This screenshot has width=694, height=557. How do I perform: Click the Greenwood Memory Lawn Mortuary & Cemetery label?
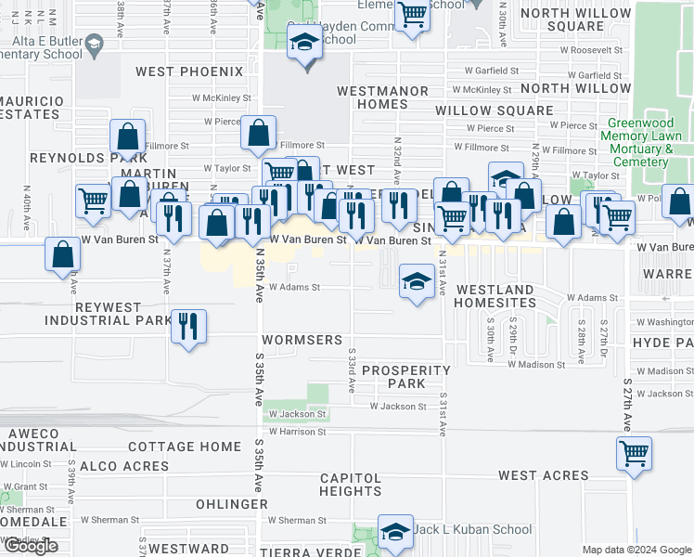(x=641, y=142)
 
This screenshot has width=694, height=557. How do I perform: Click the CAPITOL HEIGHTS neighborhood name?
(x=351, y=484)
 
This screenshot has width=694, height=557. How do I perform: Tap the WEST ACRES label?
(x=543, y=475)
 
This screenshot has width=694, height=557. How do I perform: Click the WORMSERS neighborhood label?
(x=302, y=340)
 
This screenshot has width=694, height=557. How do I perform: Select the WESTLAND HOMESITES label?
(x=495, y=296)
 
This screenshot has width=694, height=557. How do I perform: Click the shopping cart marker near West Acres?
(x=635, y=454)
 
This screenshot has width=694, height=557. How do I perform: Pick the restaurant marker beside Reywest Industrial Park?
(x=188, y=326)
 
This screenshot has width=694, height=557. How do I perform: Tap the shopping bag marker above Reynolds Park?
(x=128, y=137)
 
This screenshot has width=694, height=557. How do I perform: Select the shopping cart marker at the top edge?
(x=412, y=15)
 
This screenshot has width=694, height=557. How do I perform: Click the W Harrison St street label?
(x=298, y=432)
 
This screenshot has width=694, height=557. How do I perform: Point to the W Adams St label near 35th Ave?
(x=294, y=287)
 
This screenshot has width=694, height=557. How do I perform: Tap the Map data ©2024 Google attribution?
(x=636, y=550)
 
